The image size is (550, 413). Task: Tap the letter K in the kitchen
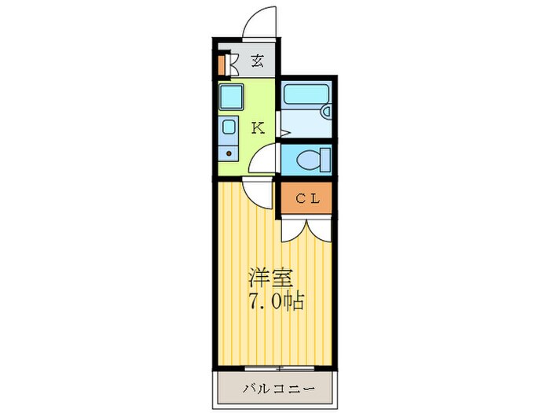pyautogui.click(x=257, y=128)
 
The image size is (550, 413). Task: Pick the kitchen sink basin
pyautogui.click(x=229, y=127)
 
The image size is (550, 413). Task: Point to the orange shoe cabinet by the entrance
pyautogui.click(x=224, y=63)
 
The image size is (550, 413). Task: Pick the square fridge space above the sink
pyautogui.click(x=231, y=98)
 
